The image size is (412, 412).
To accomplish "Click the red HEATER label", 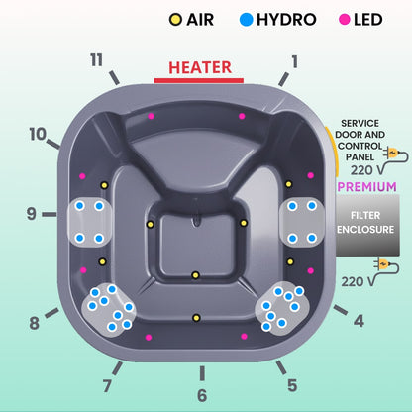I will point(200,67).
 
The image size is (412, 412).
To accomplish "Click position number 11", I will point(96,60).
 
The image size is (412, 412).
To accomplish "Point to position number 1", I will point(293,60).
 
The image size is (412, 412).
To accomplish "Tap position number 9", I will point(32,213).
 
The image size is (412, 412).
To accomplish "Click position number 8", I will point(35,322).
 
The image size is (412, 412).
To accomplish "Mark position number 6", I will point(202,395).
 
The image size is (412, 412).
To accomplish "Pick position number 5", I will point(291,385).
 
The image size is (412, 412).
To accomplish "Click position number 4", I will point(359,320).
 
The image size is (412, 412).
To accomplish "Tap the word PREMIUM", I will point(367,186).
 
